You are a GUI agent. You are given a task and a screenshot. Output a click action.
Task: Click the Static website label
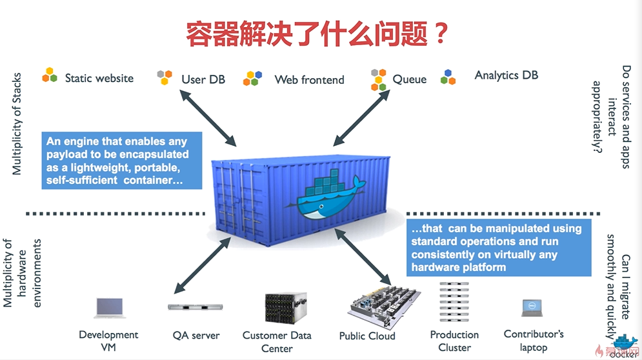coord(99,78)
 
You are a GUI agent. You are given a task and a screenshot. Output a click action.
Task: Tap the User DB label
coord(203,79)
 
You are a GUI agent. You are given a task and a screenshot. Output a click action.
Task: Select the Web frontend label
coord(309,80)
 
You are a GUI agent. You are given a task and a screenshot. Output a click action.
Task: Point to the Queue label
coord(409,79)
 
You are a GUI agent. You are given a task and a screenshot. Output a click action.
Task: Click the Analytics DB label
coord(506,75)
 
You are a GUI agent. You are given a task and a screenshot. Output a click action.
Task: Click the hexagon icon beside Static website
coord(50,75)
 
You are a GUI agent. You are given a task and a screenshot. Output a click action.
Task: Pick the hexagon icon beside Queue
coord(379,79)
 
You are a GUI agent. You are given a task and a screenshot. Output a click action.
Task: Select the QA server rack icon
coord(196,307)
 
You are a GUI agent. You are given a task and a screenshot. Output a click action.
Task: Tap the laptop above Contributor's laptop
coord(532,307)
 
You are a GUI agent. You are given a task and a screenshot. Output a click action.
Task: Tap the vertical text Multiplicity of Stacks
coord(17,123)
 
